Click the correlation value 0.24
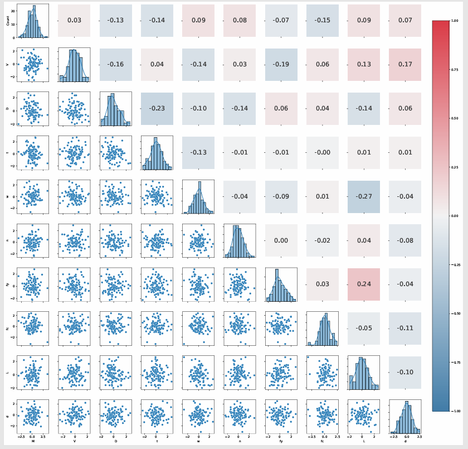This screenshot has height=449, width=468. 363,284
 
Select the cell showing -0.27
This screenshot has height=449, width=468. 363,196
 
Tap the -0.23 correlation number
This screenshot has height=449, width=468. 157,108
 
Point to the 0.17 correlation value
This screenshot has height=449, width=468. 405,64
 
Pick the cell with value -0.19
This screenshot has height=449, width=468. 281,64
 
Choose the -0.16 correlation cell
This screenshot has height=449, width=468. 115,64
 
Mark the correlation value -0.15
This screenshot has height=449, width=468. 322,21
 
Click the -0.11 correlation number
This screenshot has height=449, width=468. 405,328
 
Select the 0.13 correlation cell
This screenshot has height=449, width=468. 363,64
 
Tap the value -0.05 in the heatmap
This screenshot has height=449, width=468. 363,328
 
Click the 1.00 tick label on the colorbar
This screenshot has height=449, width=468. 455,21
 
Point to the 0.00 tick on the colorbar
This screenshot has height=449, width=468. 455,215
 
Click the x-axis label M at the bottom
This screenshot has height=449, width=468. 33,441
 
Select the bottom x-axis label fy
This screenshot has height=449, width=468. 281,441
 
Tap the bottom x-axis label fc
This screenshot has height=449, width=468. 322,441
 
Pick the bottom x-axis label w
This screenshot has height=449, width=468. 198,441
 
